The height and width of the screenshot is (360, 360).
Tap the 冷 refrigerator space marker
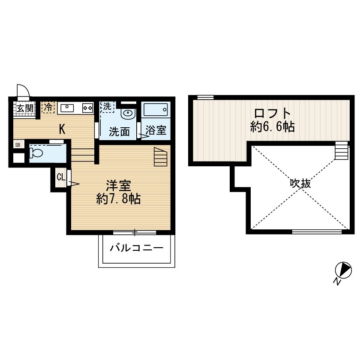pos(48,107)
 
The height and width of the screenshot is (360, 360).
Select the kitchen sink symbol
pos(68,108)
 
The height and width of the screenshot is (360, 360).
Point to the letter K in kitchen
pos(62,129)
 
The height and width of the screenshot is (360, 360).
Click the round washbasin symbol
pos(128,114)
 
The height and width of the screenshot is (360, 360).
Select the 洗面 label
pos(119,132)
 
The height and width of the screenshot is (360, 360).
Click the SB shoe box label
pos(18,144)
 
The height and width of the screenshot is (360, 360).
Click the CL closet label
pos(60,177)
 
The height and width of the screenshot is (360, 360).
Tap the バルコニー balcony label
pos(136,248)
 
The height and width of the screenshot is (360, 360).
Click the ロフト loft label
pos(273,114)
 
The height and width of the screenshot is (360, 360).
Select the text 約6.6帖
pos(273,127)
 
